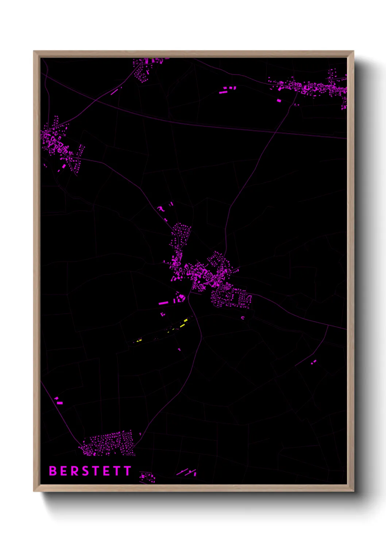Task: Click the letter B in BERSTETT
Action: coord(53,471)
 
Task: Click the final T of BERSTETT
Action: coord(128,471)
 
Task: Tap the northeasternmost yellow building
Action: coord(186,320)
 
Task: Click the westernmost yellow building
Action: coord(139,341)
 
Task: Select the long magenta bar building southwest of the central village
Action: coord(163,303)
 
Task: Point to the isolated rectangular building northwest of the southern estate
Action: coord(60,403)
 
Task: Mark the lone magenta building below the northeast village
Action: coord(279,100)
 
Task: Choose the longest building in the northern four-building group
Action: coord(223,93)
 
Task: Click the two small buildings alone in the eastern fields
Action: coord(313,362)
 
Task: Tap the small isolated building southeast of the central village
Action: coord(243,318)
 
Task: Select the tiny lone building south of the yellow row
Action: coord(179,350)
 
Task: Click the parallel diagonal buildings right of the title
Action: coord(187,472)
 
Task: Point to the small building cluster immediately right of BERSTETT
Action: coord(147,477)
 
